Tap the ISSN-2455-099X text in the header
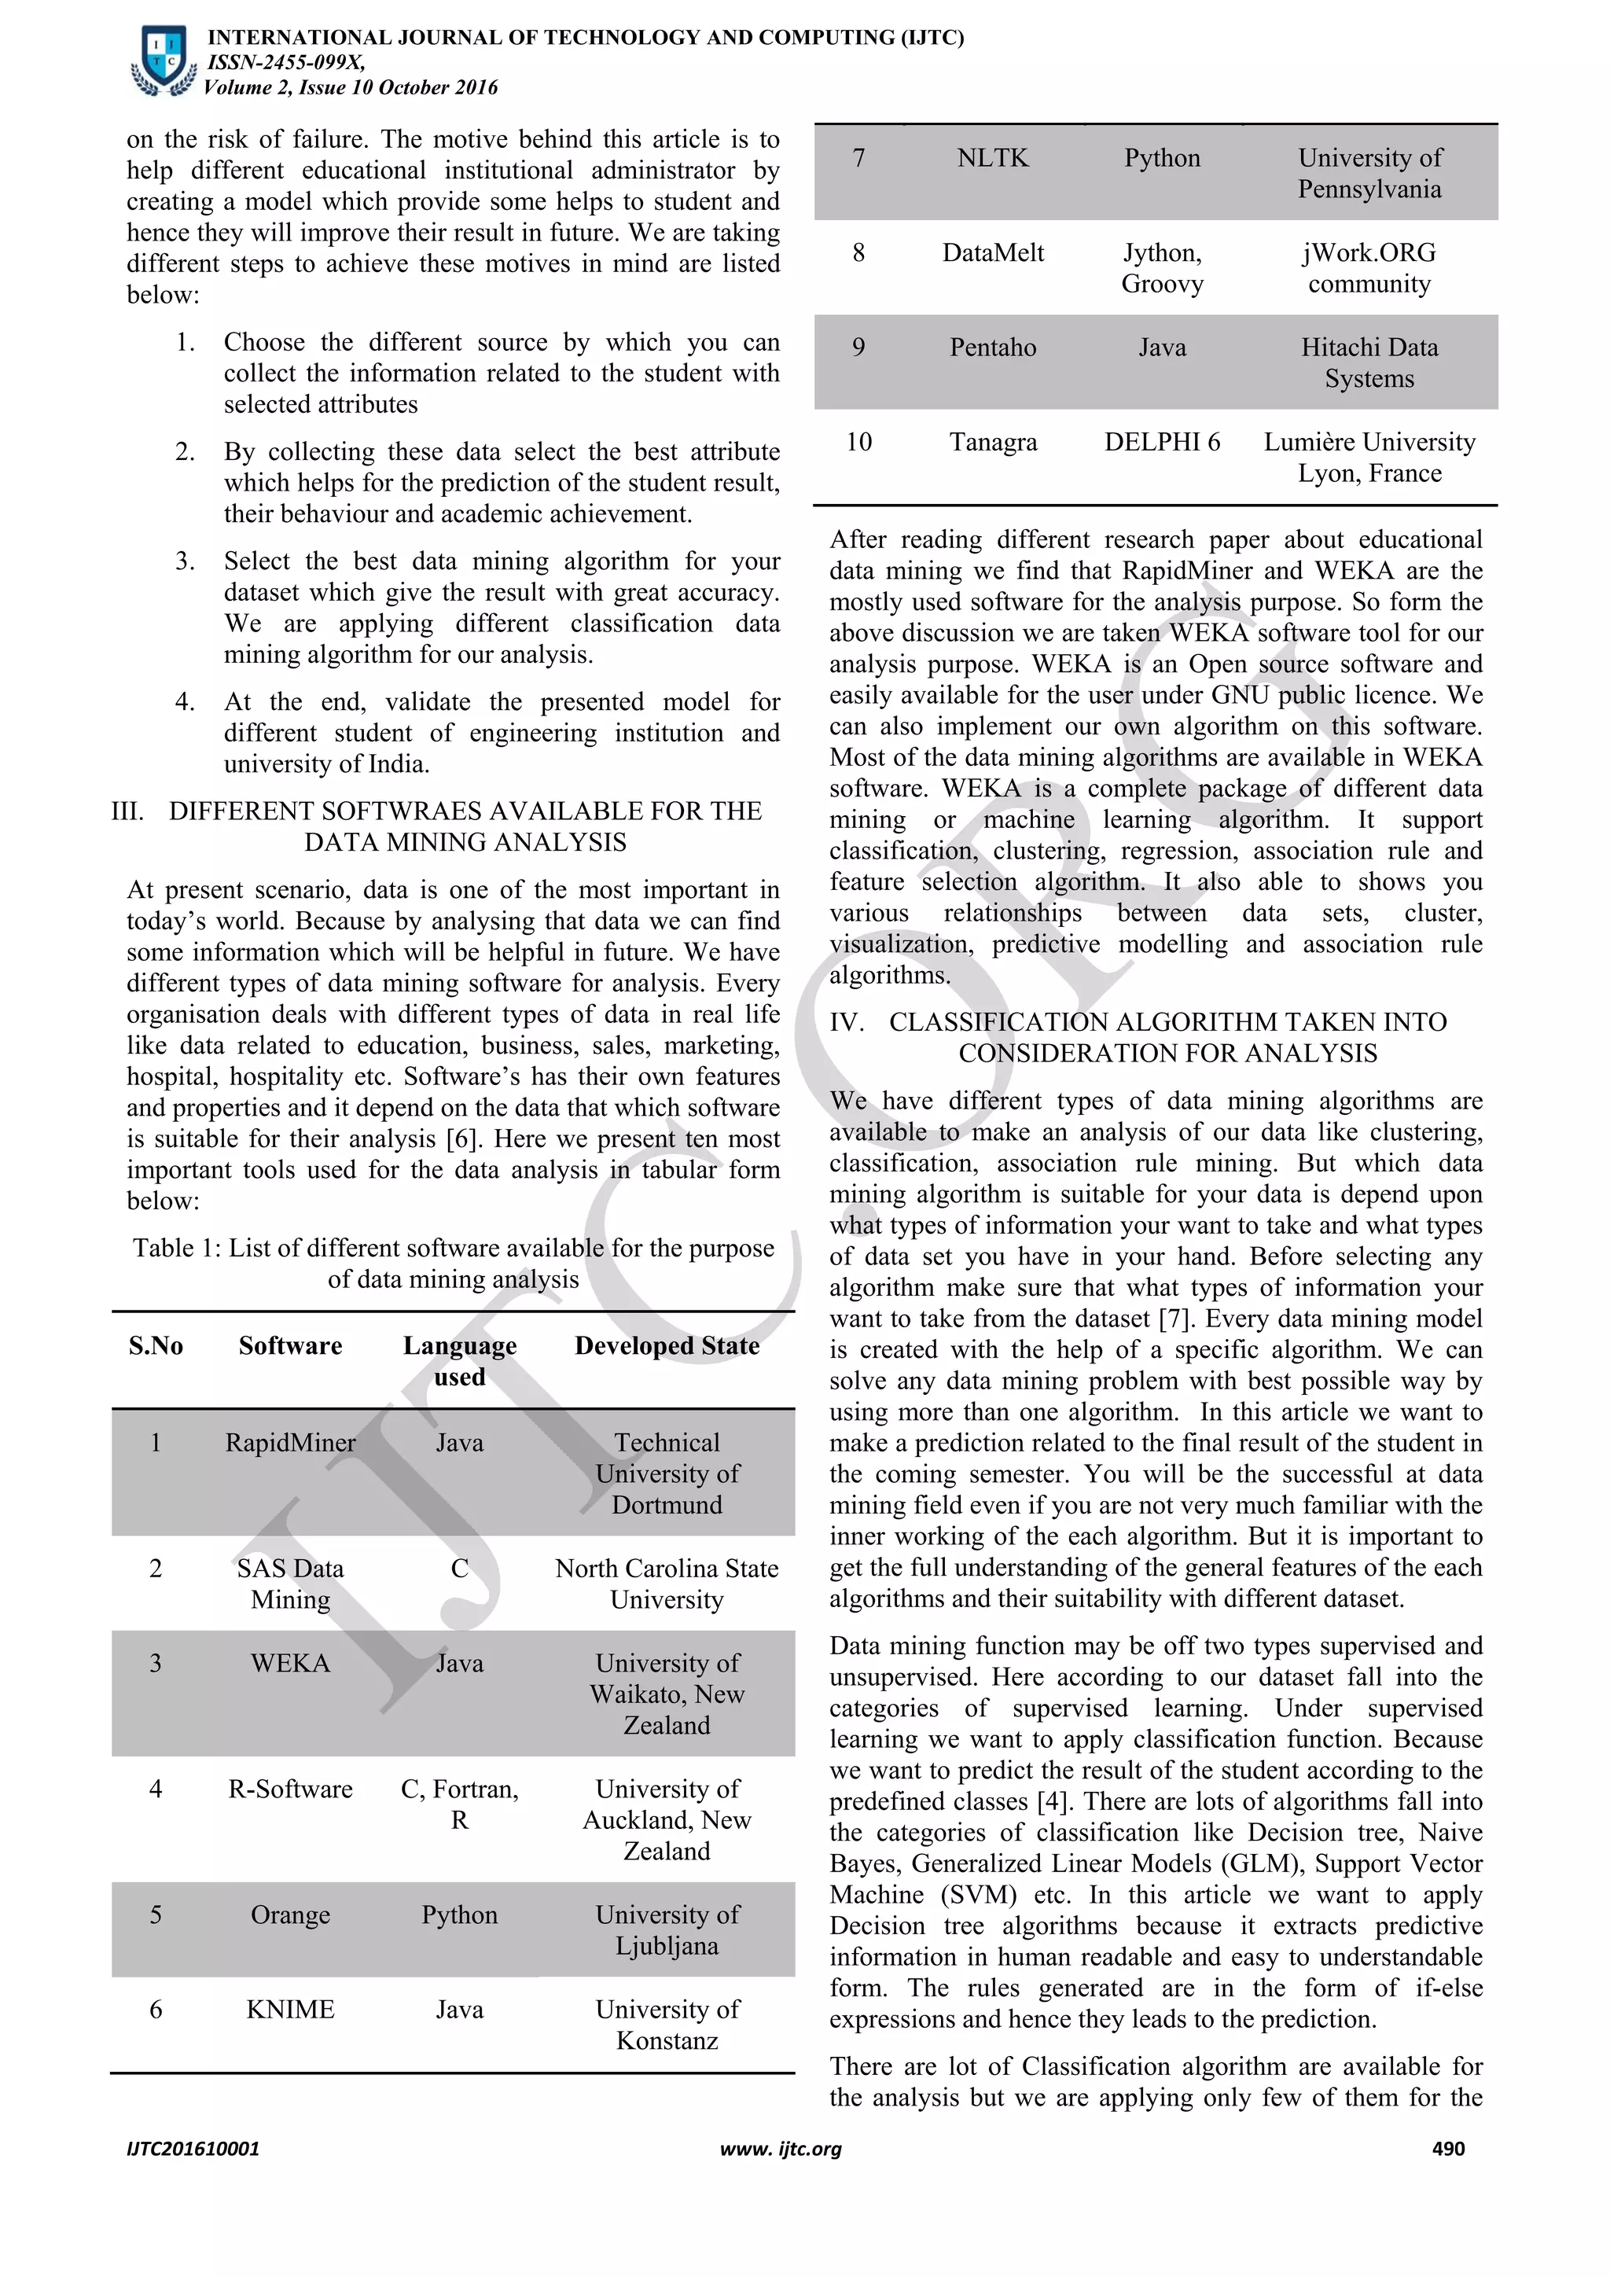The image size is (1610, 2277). coord(285,62)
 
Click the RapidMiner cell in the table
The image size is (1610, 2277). coord(289,1442)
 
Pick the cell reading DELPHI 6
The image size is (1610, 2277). coord(1162,443)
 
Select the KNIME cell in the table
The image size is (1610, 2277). coord(289,2009)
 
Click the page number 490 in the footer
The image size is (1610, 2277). coord(1447,2149)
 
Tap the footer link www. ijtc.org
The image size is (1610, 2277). coord(780,2149)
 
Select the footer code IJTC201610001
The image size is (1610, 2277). coord(193,2149)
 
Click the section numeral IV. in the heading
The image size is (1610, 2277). coord(846,1022)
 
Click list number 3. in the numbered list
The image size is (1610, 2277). coord(186,561)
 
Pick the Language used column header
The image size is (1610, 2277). coord(459,1361)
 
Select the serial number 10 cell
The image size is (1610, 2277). coord(858,443)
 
